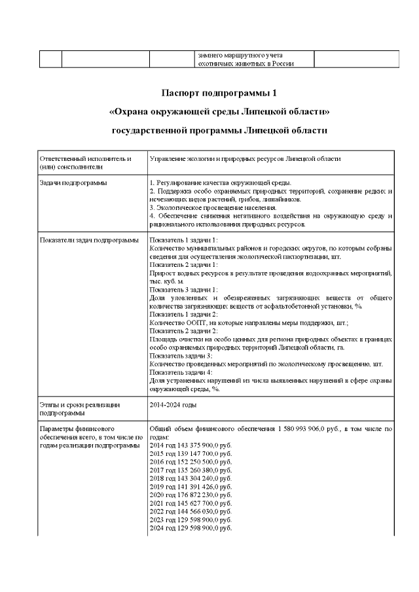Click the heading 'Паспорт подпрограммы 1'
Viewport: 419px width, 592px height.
[219, 92]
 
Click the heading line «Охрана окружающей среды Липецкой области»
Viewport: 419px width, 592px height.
[219, 111]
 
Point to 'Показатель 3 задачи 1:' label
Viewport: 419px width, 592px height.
[183, 289]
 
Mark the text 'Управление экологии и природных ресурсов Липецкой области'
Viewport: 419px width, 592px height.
[245, 159]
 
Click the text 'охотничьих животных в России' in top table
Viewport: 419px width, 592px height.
[245, 63]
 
